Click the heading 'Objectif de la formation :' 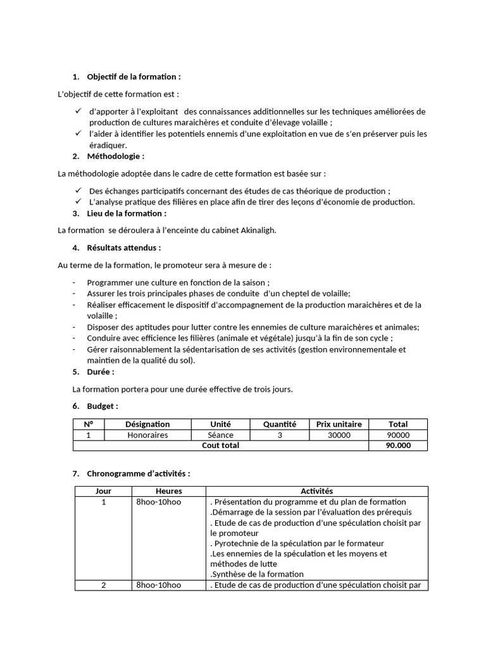click(134, 77)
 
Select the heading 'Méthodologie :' click(115, 156)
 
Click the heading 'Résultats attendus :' click(123, 247)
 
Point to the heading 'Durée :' click(101, 371)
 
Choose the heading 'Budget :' click(103, 406)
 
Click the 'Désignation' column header click(147, 424)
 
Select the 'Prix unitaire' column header click(339, 424)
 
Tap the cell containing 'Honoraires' click(147, 435)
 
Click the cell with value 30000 click(339, 435)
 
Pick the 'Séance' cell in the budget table click(220, 435)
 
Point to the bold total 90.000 click(398, 445)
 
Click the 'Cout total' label click(220, 445)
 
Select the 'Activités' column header click(316, 491)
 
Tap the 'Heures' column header click(168, 491)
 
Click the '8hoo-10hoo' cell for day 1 click(158, 502)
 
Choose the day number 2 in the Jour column click(103, 585)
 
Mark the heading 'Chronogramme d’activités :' click(138, 473)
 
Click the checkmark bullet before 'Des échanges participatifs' click(78, 190)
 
